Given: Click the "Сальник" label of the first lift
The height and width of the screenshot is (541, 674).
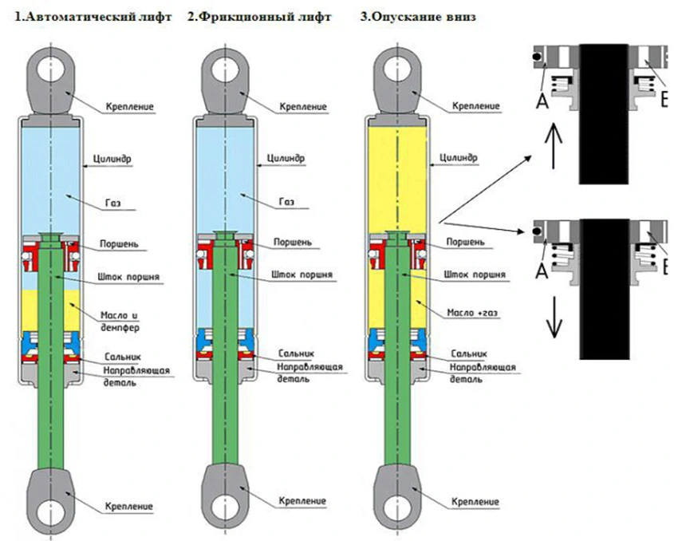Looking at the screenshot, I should pos(121,354).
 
